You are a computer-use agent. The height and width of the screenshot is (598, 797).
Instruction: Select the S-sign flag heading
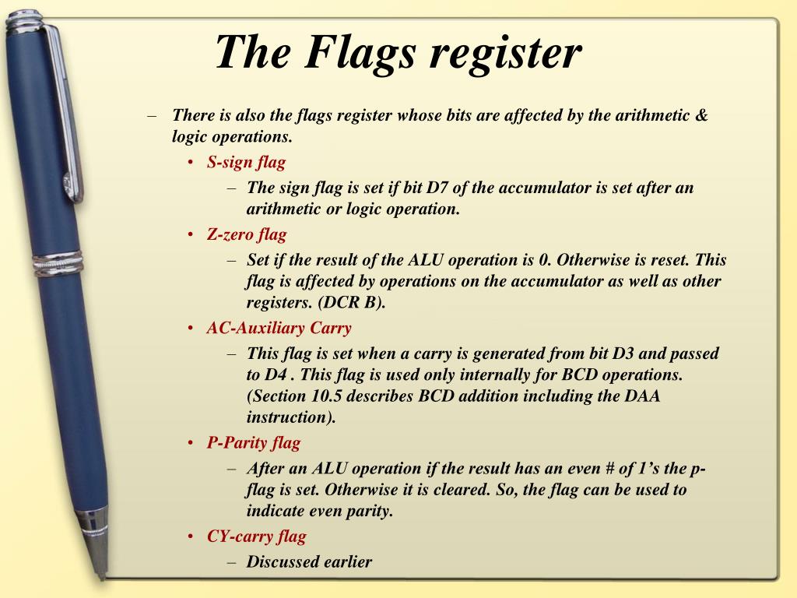tap(246, 163)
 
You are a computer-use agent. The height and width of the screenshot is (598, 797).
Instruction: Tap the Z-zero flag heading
tap(247, 234)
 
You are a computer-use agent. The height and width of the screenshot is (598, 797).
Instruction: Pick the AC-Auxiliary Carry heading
tap(279, 328)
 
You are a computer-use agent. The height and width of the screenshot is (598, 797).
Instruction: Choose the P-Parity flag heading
tap(253, 443)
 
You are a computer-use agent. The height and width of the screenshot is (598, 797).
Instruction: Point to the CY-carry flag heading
tap(256, 536)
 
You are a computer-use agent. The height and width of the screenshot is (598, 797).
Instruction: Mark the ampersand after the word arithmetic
tap(700, 116)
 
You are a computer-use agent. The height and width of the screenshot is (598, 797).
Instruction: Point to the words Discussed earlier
tap(309, 561)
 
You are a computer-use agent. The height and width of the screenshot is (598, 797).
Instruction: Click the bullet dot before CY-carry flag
tap(191, 536)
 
